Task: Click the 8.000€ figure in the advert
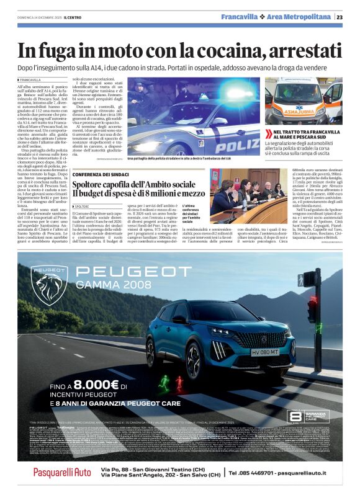[81, 385]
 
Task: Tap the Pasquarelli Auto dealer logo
[62, 473]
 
